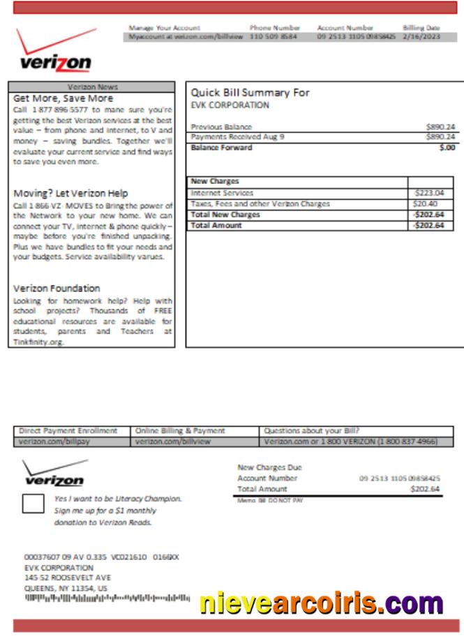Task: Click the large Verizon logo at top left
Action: coord(56,53)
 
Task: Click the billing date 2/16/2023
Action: coord(421,37)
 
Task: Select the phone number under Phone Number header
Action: coord(273,37)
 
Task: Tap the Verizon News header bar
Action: coord(92,87)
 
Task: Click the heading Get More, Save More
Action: coord(63,98)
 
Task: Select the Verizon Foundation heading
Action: coord(57,288)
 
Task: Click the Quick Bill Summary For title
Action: coord(250,93)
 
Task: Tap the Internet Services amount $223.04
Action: coord(429,193)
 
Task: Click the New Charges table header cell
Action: coord(215,181)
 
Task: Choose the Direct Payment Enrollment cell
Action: coord(68,431)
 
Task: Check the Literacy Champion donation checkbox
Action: coord(33,503)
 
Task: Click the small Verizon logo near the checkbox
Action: coord(54,474)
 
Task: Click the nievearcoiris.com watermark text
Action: coord(321,602)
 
